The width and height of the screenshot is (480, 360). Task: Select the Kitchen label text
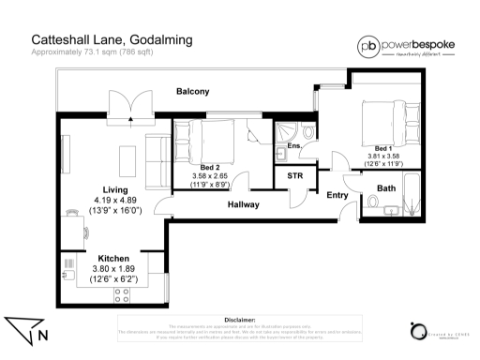[x=113, y=258]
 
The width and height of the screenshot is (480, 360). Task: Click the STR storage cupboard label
[x=294, y=175]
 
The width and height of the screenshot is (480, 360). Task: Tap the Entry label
[x=337, y=195]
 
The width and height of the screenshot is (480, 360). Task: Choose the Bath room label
[x=386, y=188]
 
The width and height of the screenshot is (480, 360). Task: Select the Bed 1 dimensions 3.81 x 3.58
[x=382, y=157]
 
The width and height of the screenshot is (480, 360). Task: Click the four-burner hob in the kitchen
[x=121, y=295]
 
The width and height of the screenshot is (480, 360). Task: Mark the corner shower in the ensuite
[x=285, y=130]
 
